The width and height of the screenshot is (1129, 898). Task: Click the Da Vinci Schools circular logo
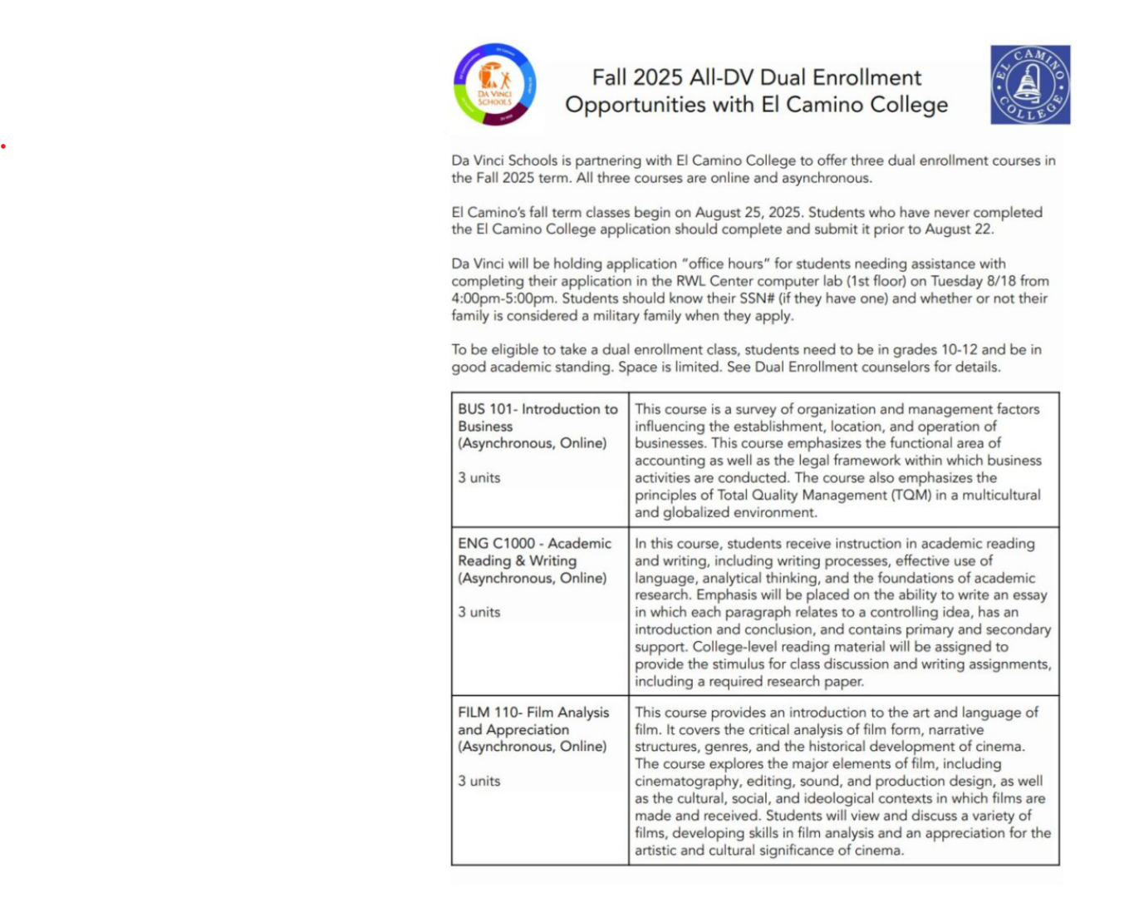(x=495, y=85)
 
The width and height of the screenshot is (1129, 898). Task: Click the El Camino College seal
(x=1030, y=85)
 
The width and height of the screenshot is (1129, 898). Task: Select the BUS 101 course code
(x=485, y=409)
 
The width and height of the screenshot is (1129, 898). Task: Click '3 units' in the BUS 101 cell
(x=479, y=478)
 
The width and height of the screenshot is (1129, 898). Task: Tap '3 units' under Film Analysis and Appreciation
(x=479, y=782)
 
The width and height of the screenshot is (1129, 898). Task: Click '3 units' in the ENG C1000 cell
(x=479, y=612)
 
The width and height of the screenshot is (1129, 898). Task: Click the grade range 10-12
(x=959, y=350)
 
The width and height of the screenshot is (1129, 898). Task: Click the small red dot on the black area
(x=3, y=146)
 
